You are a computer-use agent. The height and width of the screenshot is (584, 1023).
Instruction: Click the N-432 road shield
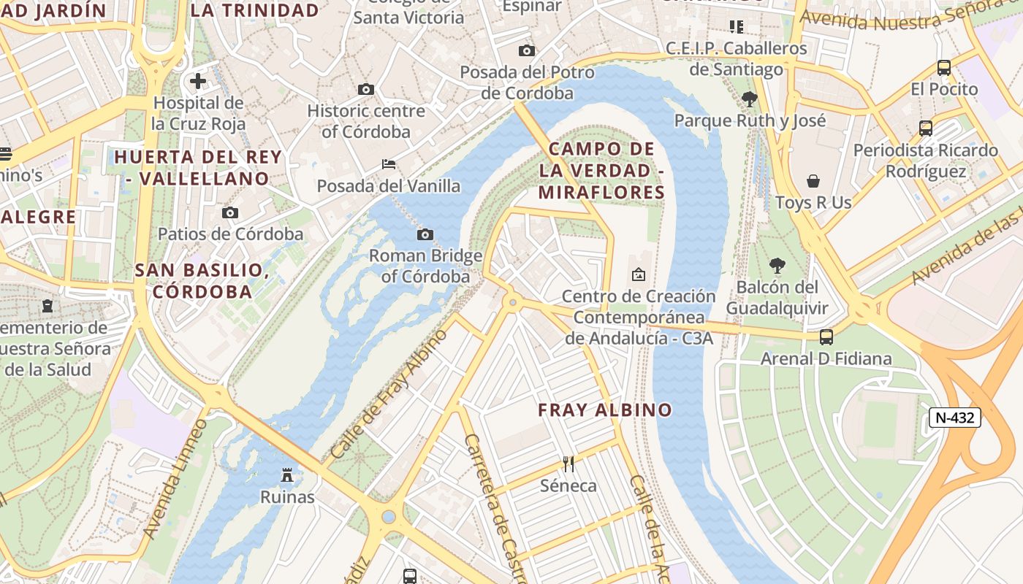coord(954,418)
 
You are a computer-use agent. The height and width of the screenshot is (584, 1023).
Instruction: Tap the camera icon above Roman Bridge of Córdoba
coord(425,234)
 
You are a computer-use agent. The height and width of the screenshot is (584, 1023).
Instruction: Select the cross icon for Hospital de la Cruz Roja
coord(198,81)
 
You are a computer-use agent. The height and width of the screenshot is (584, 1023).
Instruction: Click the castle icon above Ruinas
coord(288,475)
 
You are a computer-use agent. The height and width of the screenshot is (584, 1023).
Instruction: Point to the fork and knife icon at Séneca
coord(568,464)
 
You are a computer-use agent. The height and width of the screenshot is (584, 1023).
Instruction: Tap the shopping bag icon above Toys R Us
coord(813,180)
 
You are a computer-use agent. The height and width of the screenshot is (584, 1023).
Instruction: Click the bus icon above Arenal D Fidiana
coord(826,337)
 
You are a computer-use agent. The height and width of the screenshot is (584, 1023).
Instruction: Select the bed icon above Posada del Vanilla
coord(389,164)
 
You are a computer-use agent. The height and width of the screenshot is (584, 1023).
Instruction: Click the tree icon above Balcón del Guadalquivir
coord(777,265)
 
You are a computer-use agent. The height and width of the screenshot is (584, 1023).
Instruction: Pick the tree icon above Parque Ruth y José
coord(749,99)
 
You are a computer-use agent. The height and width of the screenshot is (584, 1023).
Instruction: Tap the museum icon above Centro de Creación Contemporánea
coord(638,274)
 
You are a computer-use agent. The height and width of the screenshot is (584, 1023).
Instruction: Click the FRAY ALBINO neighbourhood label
coord(605,410)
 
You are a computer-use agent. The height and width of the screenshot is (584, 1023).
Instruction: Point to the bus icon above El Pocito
coord(944,68)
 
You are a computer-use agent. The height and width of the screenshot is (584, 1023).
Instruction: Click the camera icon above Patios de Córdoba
coord(230,212)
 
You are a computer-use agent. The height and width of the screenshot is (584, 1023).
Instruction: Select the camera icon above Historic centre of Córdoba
coord(366,89)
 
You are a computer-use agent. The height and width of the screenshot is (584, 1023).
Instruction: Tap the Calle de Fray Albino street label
coord(389,394)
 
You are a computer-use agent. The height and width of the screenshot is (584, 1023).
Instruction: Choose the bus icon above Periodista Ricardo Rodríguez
coord(926,128)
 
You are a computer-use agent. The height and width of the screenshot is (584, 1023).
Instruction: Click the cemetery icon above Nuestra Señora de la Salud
coord(47,305)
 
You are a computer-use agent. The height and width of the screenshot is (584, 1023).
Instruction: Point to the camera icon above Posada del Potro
coord(526,50)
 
